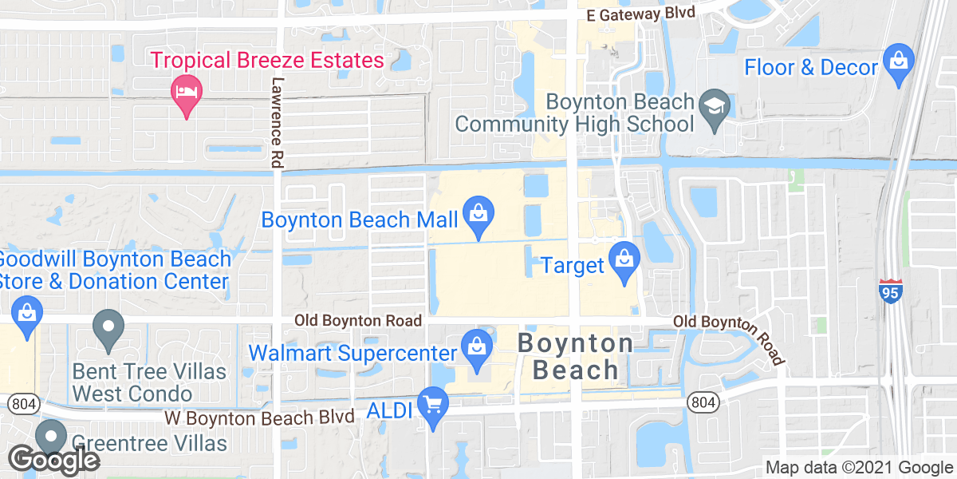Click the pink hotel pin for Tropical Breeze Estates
(x=186, y=94)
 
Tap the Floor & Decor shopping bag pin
(x=899, y=63)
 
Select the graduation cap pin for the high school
(x=710, y=108)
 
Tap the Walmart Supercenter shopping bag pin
(x=476, y=349)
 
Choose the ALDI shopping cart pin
(x=433, y=406)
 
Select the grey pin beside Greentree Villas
(x=52, y=437)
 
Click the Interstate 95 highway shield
(x=890, y=291)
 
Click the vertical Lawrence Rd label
(x=277, y=121)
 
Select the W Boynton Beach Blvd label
(x=259, y=418)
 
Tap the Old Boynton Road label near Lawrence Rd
(x=357, y=320)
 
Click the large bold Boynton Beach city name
(x=575, y=356)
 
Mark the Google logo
(x=53, y=460)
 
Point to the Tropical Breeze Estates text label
(x=267, y=60)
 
